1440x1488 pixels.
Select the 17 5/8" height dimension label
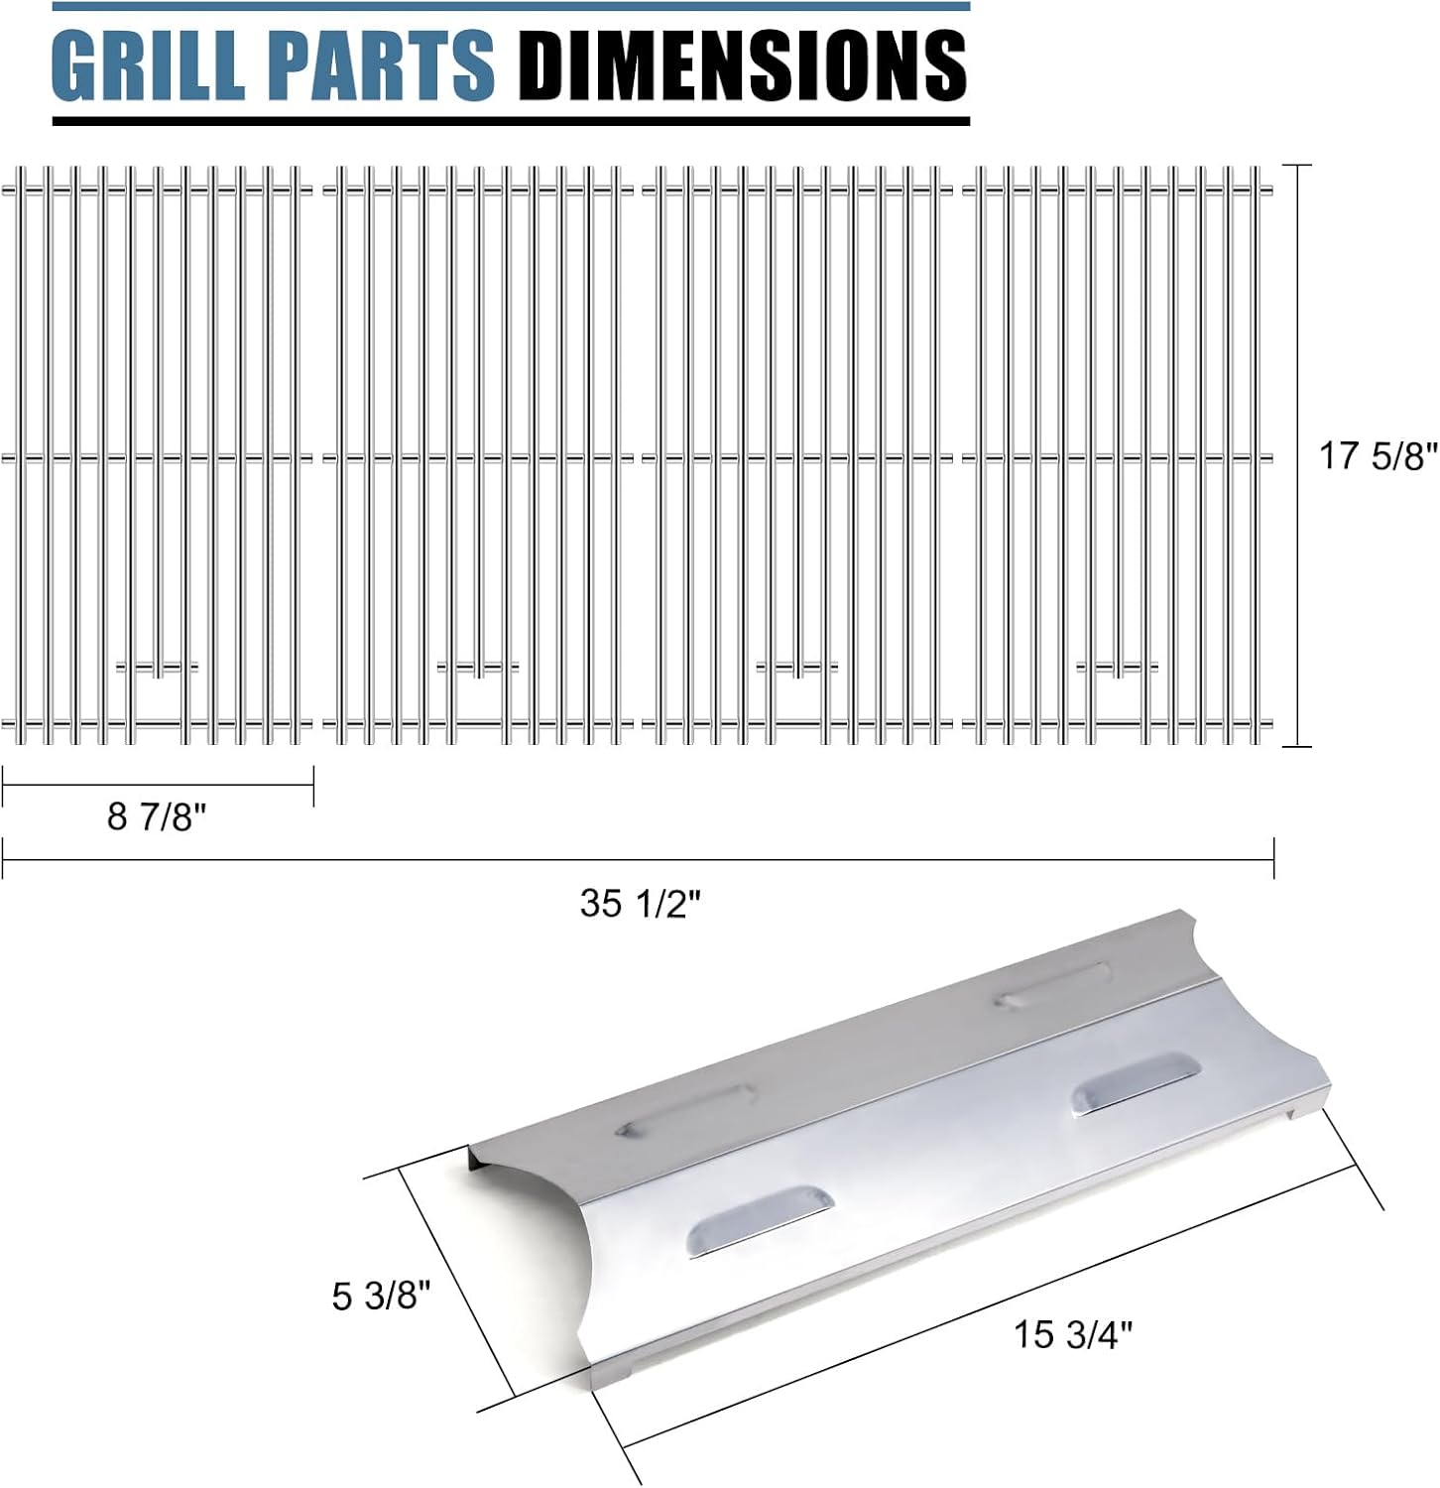1377,456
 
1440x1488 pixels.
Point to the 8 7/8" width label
157,816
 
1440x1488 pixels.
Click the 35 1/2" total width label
640,904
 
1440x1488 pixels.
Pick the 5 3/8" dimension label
382,1296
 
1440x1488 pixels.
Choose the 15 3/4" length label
1072,1334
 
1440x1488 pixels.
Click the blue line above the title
511,7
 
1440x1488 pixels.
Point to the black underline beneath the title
511,121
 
